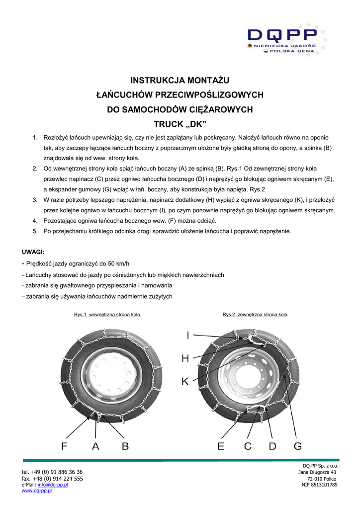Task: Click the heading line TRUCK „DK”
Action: coord(180,123)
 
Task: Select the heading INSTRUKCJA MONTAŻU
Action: coord(180,80)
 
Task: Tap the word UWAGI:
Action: coord(33,253)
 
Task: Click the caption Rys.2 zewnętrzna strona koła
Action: coord(255,315)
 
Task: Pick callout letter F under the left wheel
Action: coord(65,446)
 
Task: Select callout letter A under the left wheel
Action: coord(95,446)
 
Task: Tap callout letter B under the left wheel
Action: coord(125,446)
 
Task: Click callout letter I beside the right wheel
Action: coord(188,337)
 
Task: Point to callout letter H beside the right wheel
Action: coord(185,358)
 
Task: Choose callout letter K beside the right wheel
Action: coord(185,381)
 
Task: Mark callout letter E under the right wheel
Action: coord(221,446)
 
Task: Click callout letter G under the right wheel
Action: coord(297,446)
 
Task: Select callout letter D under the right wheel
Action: coord(272,446)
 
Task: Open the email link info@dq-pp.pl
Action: coord(53,485)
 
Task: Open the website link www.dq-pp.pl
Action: coord(37,491)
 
